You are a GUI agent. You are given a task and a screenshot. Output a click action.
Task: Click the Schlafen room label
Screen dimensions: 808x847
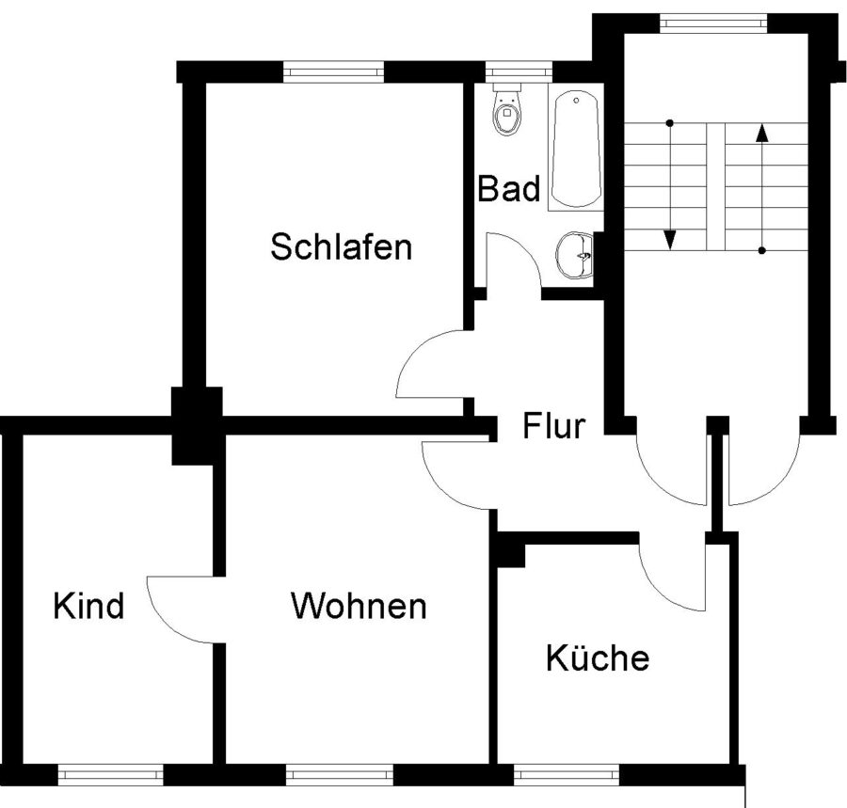pyautogui.click(x=341, y=247)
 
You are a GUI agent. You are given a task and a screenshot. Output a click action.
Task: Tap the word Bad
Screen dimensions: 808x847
pyautogui.click(x=509, y=188)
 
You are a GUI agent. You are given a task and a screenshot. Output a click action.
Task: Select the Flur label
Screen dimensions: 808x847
pyautogui.click(x=553, y=428)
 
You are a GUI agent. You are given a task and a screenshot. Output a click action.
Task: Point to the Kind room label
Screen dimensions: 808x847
pyautogui.click(x=88, y=606)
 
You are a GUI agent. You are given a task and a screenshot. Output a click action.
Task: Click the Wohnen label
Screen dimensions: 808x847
pyautogui.click(x=359, y=606)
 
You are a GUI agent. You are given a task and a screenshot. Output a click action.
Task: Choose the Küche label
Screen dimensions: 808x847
pyautogui.click(x=598, y=658)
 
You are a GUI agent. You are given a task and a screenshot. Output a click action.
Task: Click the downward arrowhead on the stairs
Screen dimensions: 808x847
pyautogui.click(x=670, y=240)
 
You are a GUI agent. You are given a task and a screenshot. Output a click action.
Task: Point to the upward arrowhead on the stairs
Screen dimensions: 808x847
pyautogui.click(x=761, y=132)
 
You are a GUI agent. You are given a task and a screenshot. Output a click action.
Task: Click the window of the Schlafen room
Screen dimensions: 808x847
pyautogui.click(x=333, y=71)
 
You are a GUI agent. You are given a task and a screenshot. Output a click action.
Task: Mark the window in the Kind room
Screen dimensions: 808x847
pyautogui.click(x=111, y=775)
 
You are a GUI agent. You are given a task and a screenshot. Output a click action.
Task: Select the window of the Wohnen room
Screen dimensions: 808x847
pyautogui.click(x=339, y=775)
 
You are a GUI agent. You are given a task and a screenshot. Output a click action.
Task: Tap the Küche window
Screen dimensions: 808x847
pyautogui.click(x=567, y=775)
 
